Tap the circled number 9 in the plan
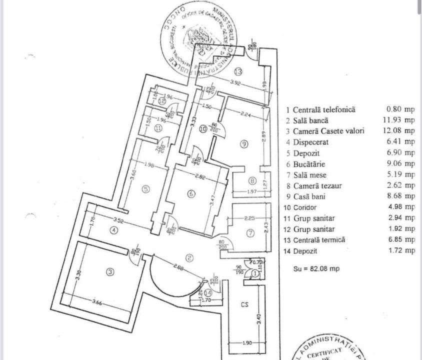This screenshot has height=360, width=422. tap(244, 144)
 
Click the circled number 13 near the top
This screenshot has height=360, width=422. tap(238, 70)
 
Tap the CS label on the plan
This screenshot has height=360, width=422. tap(244, 303)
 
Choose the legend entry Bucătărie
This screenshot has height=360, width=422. tap(309, 163)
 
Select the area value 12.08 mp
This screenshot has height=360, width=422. tap(401, 131)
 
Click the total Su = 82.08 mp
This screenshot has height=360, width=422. tap(316, 268)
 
